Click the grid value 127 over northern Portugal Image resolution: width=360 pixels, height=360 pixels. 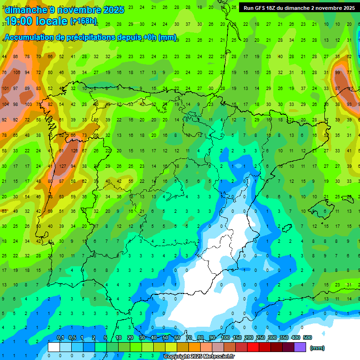click(x=62, y=166)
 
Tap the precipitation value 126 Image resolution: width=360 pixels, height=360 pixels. click(x=74, y=151)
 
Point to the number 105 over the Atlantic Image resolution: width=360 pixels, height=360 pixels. click(x=17, y=73)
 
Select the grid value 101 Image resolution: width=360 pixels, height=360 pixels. click(x=6, y=89)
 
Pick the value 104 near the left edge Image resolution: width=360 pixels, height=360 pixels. click(x=6, y=104)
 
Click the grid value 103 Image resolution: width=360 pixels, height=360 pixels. click(x=28, y=104)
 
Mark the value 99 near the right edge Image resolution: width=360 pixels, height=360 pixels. click(x=337, y=73)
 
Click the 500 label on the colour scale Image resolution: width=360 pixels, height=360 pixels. click(x=307, y=337)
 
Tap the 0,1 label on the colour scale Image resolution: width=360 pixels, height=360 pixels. click(x=60, y=337)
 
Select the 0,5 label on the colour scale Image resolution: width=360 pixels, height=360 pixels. click(x=72, y=337)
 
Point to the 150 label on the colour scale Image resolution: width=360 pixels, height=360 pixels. click(x=237, y=337)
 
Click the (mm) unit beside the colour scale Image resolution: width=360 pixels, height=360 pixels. click(x=317, y=348)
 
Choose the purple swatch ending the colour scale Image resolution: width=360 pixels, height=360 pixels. click(x=300, y=347)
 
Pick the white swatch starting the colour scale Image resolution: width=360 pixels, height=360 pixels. click(x=54, y=347)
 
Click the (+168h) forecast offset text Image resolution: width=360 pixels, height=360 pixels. click(x=83, y=21)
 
